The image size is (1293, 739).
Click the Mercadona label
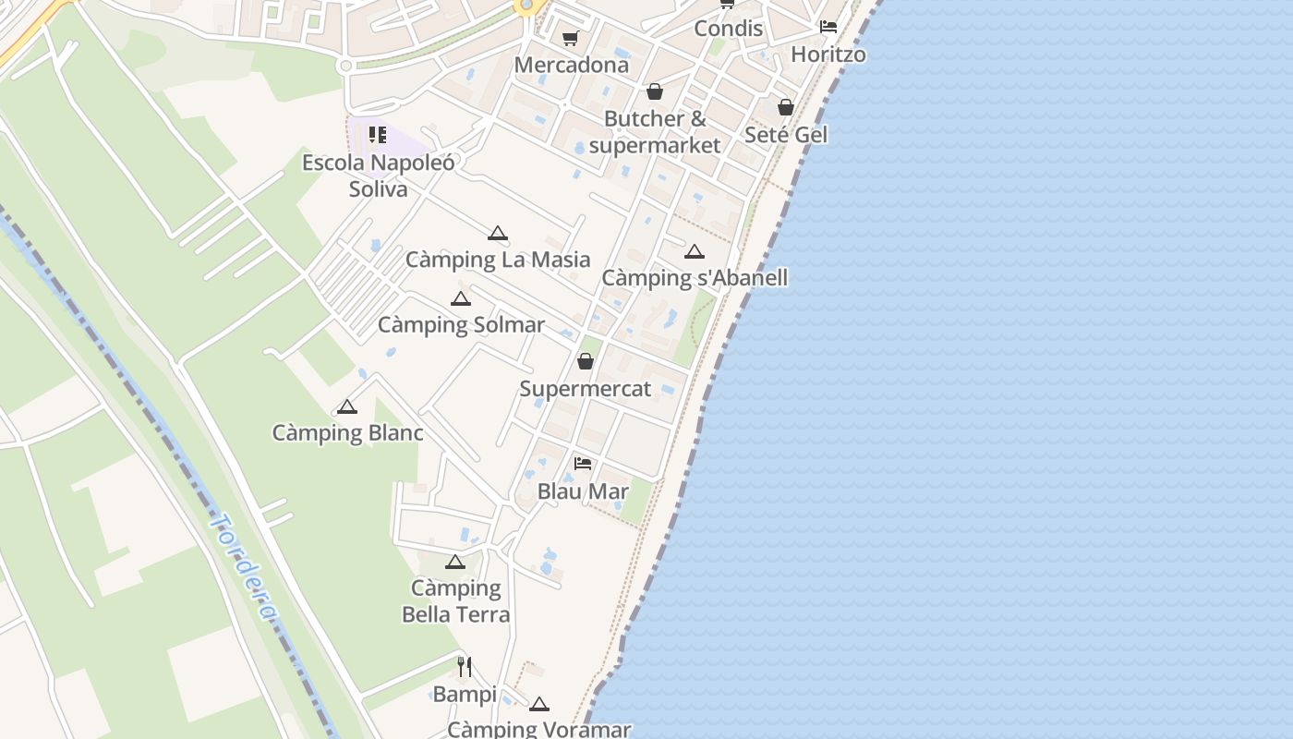(572, 66)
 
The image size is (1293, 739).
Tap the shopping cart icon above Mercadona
(570, 39)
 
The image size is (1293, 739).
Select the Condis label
(728, 29)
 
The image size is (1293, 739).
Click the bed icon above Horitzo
(828, 27)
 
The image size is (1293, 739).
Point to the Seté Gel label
(786, 135)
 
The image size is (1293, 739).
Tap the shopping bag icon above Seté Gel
(786, 108)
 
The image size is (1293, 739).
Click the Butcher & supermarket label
(655, 132)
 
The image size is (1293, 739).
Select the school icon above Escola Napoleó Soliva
(377, 136)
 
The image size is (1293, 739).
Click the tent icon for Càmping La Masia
(498, 234)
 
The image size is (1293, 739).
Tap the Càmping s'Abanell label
(695, 278)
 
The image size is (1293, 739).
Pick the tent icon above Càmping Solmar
(460, 299)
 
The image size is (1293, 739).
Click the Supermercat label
(586, 389)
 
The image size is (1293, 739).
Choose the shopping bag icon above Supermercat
(586, 361)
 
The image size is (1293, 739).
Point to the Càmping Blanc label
(347, 433)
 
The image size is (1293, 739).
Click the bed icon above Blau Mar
(583, 464)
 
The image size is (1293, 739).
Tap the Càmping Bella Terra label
(455, 601)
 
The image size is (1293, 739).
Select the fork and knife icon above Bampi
(465, 666)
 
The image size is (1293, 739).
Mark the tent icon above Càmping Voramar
(539, 705)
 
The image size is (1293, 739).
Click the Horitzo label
(828, 55)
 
